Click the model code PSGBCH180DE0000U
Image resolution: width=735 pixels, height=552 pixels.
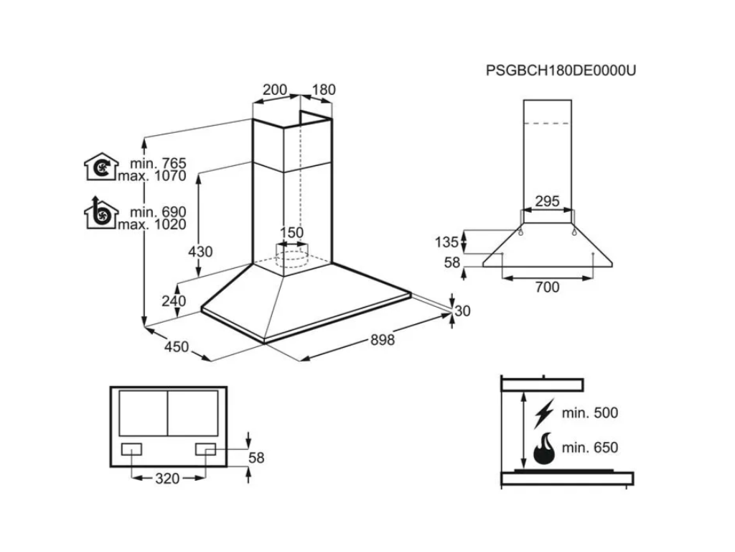[561, 70]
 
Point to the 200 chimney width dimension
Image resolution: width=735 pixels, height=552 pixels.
[275, 90]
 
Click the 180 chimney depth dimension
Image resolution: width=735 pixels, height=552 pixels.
[324, 90]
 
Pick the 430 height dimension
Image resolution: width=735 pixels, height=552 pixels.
[200, 252]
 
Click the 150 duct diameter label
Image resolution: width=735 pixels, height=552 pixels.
[292, 232]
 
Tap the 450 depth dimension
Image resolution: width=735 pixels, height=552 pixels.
[176, 347]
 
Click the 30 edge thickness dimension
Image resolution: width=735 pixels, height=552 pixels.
[462, 310]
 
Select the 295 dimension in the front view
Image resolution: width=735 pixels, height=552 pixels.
[547, 201]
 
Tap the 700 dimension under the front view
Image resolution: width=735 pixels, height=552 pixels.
[547, 287]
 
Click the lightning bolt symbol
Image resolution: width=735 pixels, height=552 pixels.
[545, 413]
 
